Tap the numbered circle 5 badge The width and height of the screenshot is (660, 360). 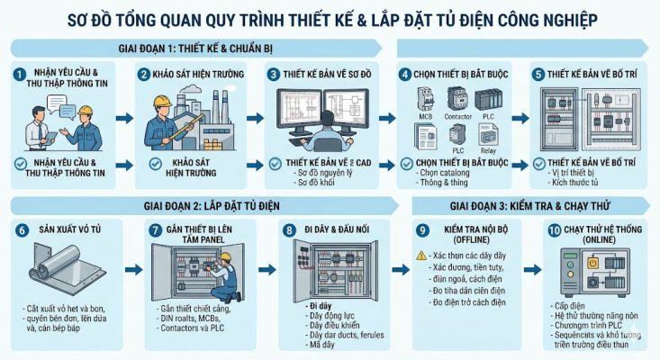538,74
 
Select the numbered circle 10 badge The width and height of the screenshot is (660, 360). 554,230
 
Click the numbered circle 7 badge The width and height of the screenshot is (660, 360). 155,231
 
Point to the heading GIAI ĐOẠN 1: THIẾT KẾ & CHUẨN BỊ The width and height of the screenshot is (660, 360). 194,47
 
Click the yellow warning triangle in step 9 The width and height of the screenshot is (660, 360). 420,256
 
